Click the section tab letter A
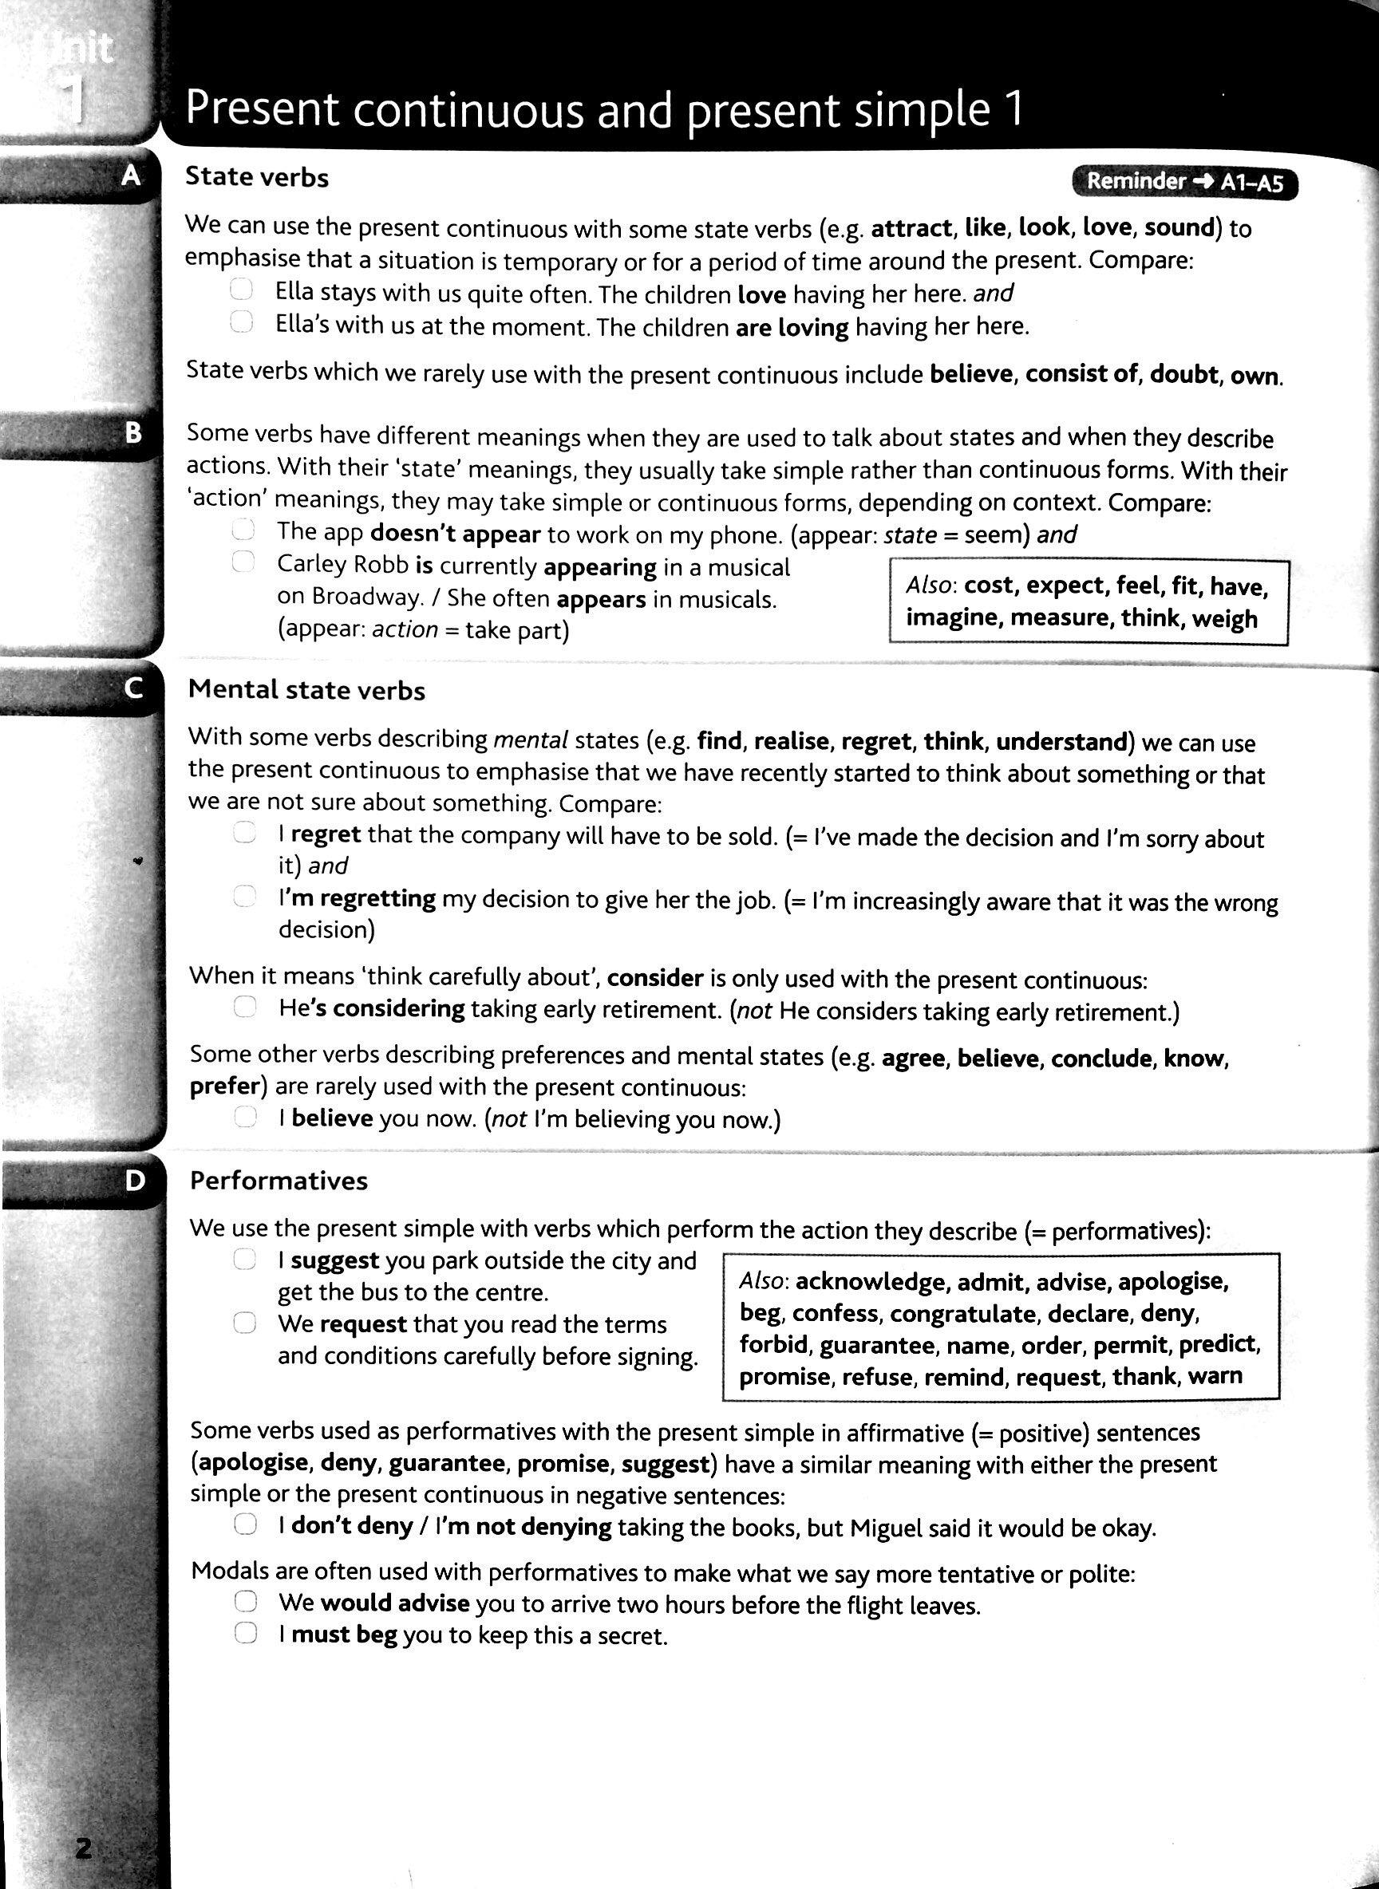[131, 175]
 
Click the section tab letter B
[132, 433]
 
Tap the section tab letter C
[132, 688]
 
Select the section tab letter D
[134, 1180]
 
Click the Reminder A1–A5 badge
[1183, 182]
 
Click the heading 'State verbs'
[257, 177]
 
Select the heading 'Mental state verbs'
[306, 690]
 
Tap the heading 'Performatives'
[279, 1181]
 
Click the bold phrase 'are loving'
[792, 327]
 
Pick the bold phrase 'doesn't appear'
[455, 533]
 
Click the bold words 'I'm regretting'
[357, 898]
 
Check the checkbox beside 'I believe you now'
[244, 1118]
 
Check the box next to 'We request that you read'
[243, 1323]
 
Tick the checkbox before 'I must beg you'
[244, 1634]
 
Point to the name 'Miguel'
[888, 1528]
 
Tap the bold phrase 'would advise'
[394, 1603]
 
